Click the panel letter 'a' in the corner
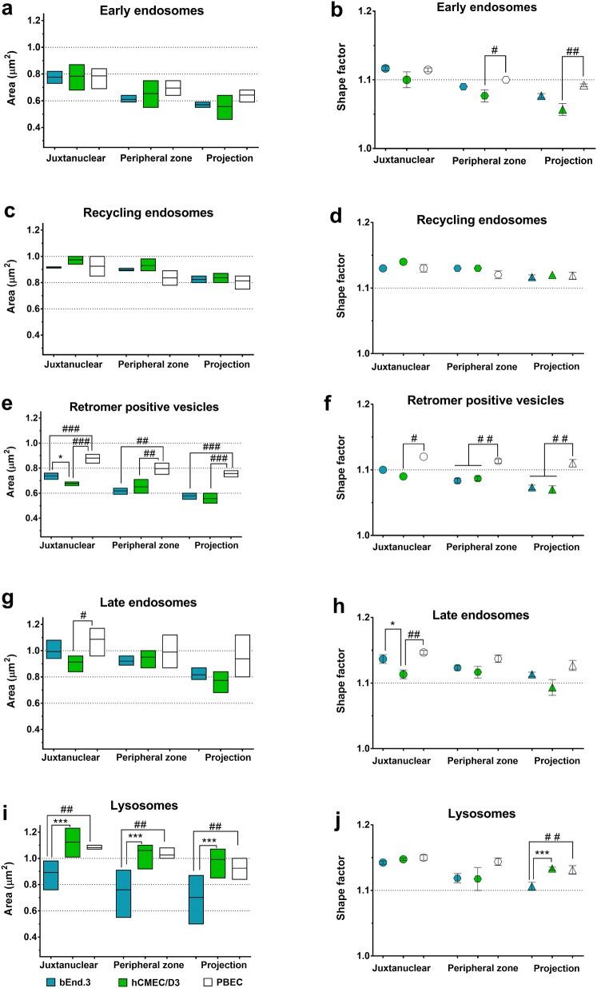pyautogui.click(x=8, y=10)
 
